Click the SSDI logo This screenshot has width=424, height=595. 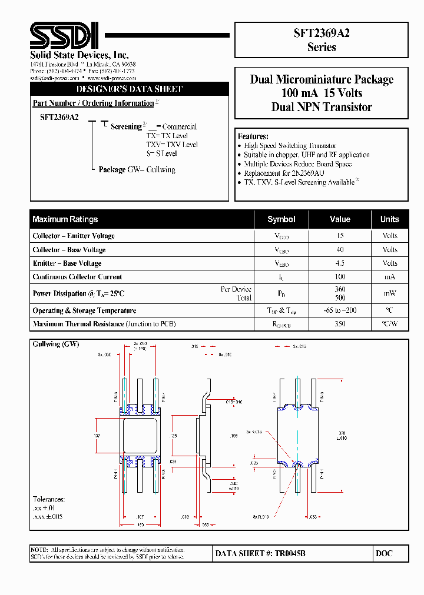(x=65, y=36)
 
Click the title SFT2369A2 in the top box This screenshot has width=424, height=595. (x=322, y=33)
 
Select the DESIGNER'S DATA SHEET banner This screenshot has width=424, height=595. (x=130, y=89)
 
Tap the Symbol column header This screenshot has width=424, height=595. (x=281, y=219)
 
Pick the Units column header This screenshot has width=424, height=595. (x=389, y=219)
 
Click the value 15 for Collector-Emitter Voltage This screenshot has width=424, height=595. (x=340, y=236)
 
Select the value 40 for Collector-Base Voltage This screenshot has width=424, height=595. (x=340, y=250)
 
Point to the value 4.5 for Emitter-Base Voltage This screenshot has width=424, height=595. (x=340, y=263)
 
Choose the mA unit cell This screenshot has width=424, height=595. (x=390, y=277)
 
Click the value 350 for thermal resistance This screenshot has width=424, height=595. (x=340, y=324)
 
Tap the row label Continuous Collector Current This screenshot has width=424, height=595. (x=77, y=277)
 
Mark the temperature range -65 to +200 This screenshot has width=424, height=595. (x=340, y=310)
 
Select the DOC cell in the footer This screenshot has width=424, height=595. (x=383, y=553)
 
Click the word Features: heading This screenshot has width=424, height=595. (x=253, y=136)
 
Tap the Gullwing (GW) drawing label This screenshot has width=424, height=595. (x=56, y=344)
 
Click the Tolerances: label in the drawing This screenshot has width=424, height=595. (x=49, y=499)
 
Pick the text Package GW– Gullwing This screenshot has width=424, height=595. (x=137, y=170)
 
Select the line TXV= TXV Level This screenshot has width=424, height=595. (x=172, y=145)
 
